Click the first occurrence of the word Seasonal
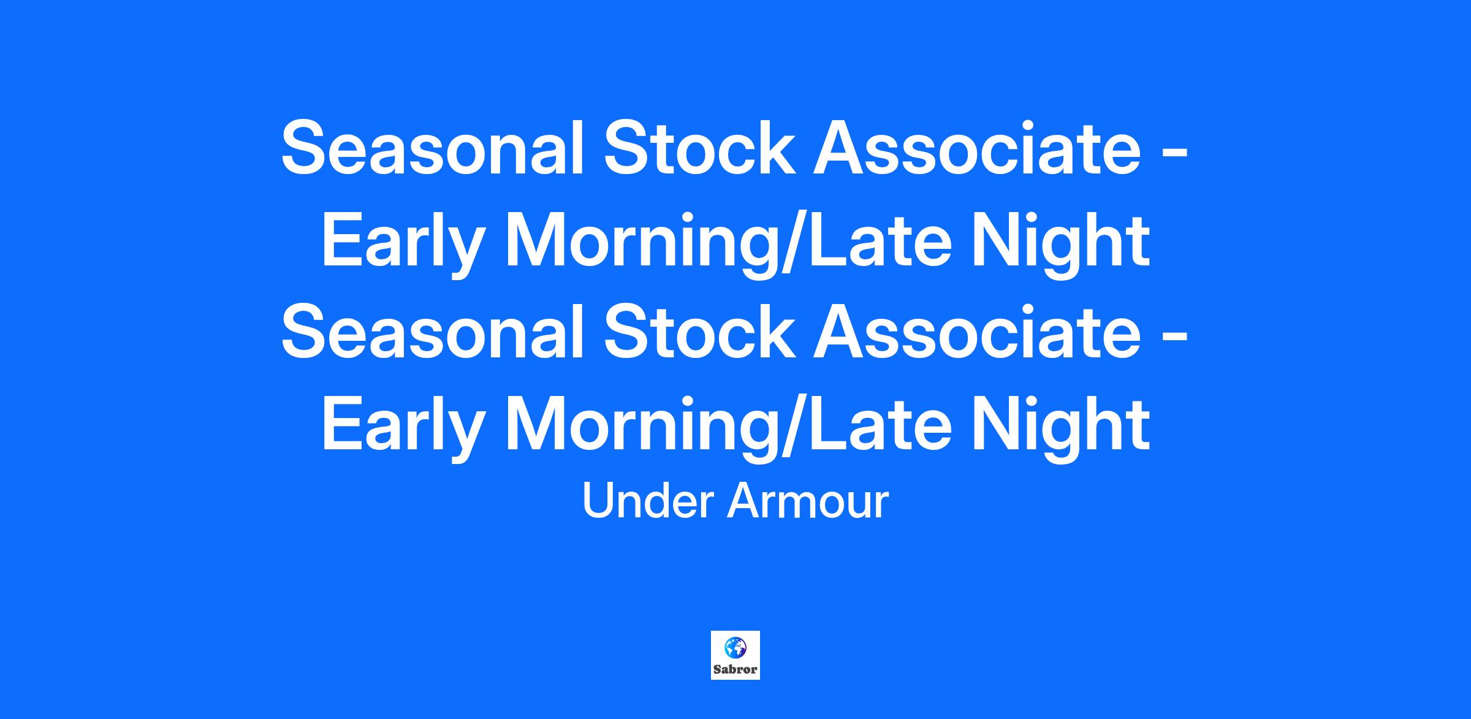pyautogui.click(x=433, y=149)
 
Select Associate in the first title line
pyautogui.click(x=977, y=149)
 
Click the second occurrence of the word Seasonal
pyautogui.click(x=433, y=332)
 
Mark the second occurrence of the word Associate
pyautogui.click(x=977, y=332)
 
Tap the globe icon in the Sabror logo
pyautogui.click(x=735, y=647)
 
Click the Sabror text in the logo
pyautogui.click(x=735, y=669)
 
